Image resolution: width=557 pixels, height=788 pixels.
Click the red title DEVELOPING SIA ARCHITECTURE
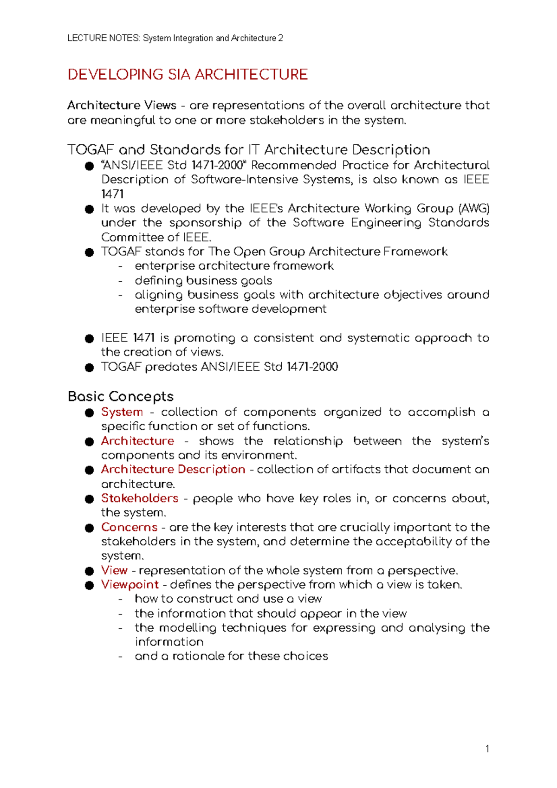188,75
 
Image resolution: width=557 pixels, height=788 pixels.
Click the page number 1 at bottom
487,749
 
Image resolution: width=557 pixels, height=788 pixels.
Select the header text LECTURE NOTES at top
103,38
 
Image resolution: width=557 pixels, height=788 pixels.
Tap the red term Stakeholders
140,498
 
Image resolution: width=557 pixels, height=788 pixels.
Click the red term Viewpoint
130,585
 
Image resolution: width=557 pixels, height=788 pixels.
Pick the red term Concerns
130,528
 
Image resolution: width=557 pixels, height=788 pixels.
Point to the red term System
122,412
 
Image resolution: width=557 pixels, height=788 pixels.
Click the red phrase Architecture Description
173,470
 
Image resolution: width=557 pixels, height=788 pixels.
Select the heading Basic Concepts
121,396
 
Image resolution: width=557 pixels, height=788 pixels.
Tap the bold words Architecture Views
122,105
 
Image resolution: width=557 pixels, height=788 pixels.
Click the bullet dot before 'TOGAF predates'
89,368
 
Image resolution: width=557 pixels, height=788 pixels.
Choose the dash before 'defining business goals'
121,281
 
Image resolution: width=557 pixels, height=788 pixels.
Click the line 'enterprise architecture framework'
234,266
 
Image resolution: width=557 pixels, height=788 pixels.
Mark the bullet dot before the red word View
89,571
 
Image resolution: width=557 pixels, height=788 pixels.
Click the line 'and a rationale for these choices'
231,656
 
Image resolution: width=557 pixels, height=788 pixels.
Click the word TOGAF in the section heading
91,150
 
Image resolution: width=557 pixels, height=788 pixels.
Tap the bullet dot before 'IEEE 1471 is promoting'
89,339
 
